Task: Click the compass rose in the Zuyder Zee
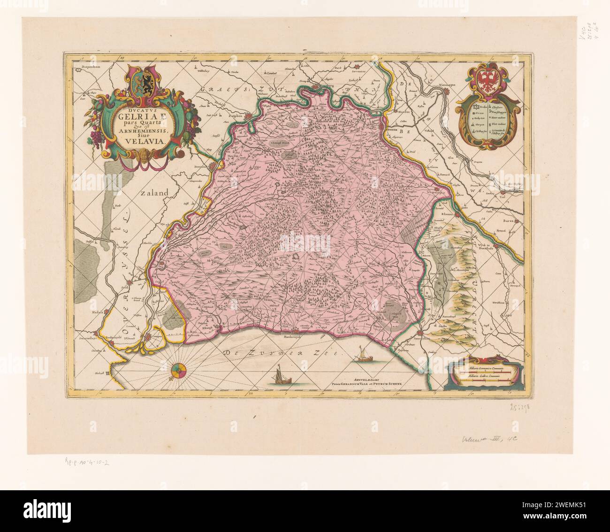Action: click(179, 371)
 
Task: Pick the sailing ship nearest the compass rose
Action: click(278, 377)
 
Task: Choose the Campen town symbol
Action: click(149, 336)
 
